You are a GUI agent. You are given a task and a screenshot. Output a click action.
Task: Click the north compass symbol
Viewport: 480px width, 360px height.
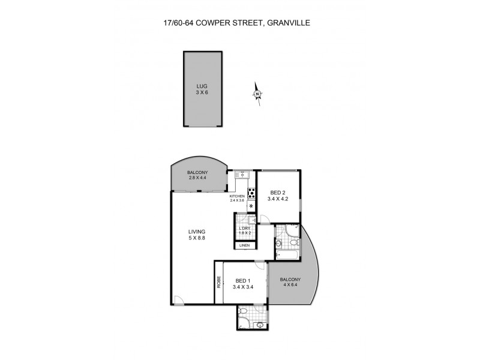[257, 94]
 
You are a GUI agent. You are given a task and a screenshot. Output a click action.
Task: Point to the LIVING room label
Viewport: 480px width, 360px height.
[196, 232]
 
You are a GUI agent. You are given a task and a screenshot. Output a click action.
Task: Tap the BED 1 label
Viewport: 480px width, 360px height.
[243, 280]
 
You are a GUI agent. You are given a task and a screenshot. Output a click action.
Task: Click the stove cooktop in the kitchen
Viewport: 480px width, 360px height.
[252, 194]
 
